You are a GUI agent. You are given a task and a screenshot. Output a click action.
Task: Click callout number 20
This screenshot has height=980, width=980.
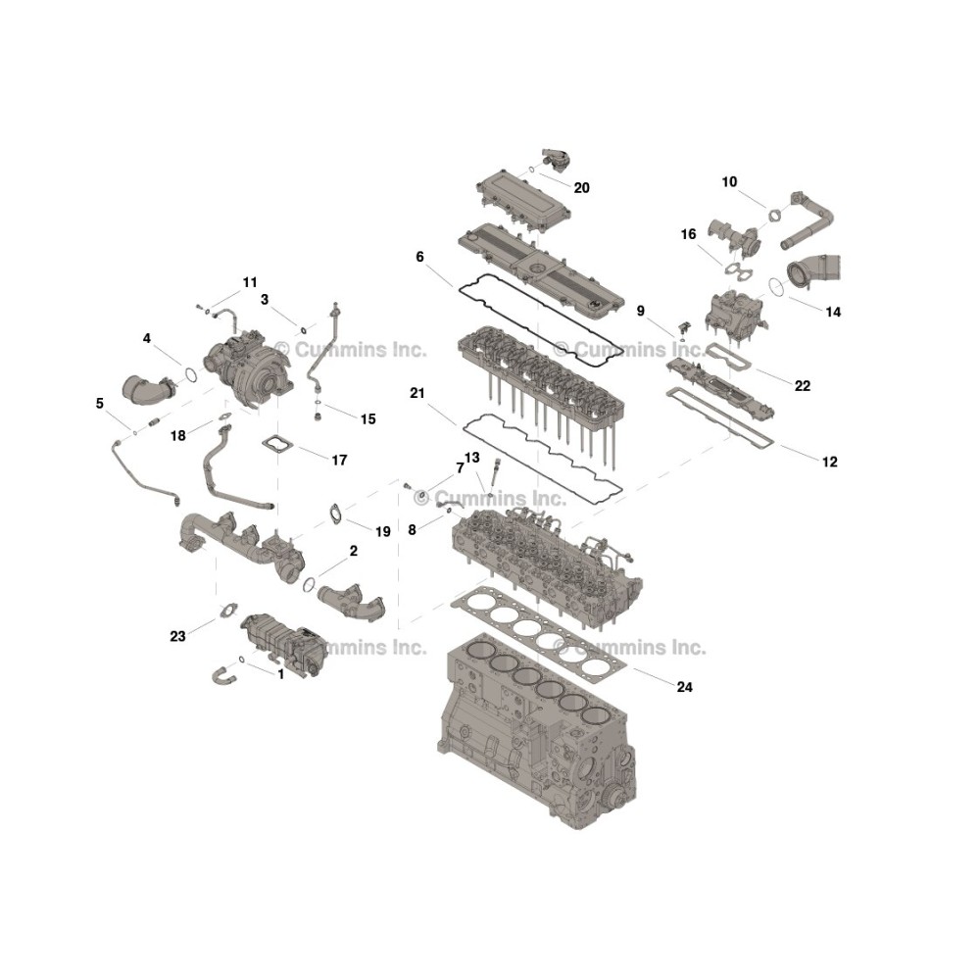(581, 188)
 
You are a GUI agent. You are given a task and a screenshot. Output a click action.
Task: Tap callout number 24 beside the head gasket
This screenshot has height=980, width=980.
(684, 687)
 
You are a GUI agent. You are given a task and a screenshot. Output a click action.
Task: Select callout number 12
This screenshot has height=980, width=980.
(829, 462)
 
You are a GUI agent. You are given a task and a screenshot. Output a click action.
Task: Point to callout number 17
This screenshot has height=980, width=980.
(339, 460)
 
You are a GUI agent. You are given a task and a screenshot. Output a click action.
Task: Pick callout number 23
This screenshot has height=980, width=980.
(177, 636)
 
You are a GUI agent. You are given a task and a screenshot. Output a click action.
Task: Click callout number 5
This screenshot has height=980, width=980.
(99, 403)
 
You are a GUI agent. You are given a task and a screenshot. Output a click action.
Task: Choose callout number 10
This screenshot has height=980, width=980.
(729, 182)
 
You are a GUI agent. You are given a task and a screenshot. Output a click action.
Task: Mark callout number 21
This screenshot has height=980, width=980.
(416, 393)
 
